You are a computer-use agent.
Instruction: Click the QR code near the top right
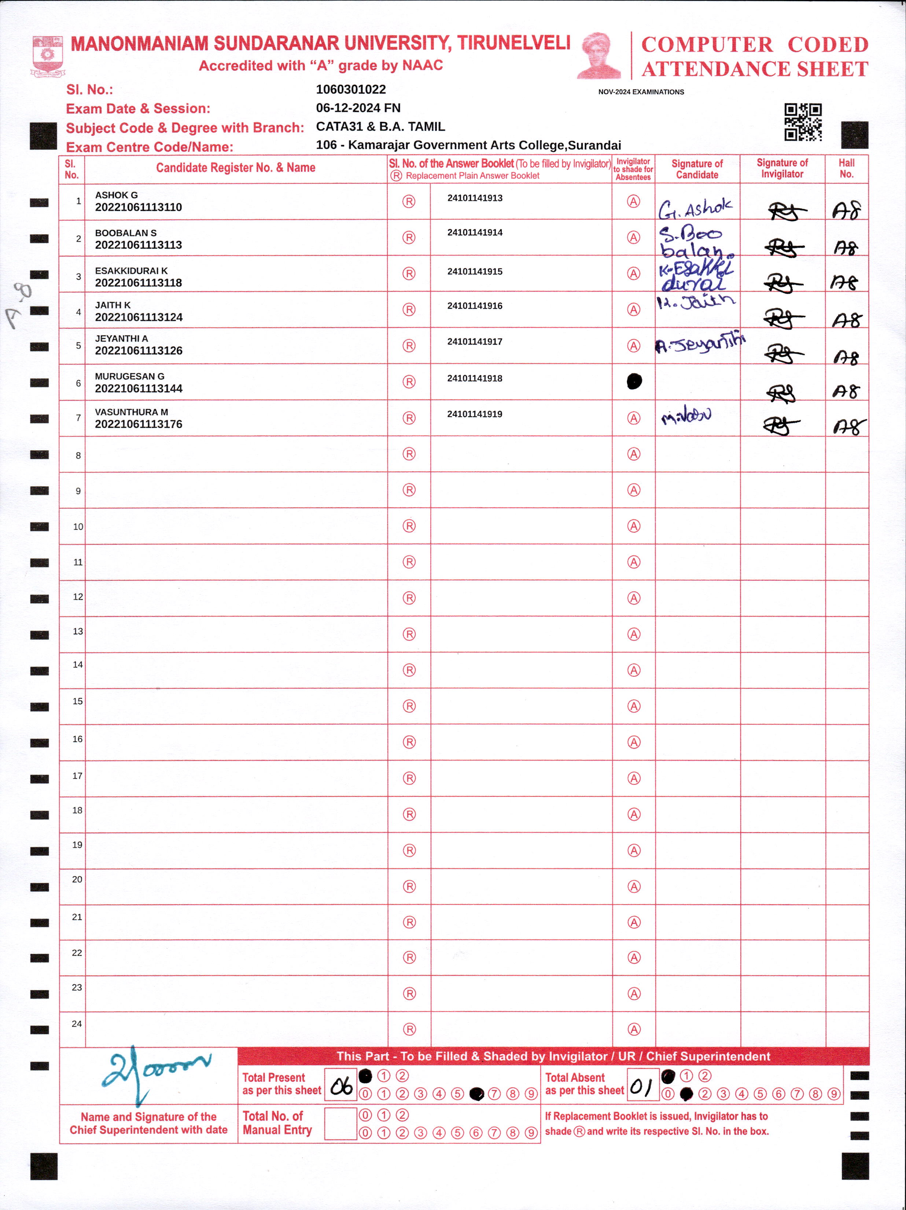pyautogui.click(x=803, y=122)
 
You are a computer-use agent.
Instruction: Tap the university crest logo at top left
pyautogui.click(x=48, y=56)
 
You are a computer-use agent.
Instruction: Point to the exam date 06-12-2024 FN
pyautogui.click(x=358, y=108)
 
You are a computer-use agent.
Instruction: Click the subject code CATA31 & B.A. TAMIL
pyautogui.click(x=380, y=126)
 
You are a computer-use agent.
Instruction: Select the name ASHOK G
pyautogui.click(x=117, y=195)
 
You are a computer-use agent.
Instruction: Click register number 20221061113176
pyautogui.click(x=139, y=424)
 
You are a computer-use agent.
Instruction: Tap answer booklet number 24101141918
pyautogui.click(x=475, y=378)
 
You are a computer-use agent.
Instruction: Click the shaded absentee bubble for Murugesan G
pyautogui.click(x=634, y=381)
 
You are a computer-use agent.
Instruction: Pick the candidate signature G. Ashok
pyautogui.click(x=695, y=208)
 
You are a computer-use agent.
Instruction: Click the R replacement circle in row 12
pyautogui.click(x=409, y=598)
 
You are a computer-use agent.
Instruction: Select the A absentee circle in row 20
pyautogui.click(x=634, y=886)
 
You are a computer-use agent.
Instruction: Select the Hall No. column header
pyautogui.click(x=846, y=168)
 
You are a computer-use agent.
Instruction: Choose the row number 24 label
pyautogui.click(x=77, y=1024)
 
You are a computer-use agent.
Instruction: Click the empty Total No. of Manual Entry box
pyautogui.click(x=340, y=1124)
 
